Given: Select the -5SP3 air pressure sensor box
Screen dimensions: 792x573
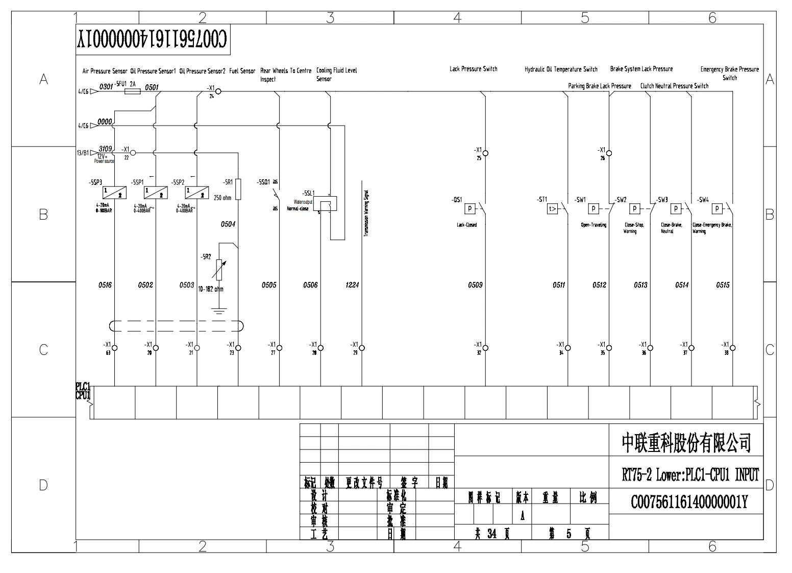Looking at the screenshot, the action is click(114, 192).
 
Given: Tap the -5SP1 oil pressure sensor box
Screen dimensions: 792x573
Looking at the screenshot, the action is click(156, 192).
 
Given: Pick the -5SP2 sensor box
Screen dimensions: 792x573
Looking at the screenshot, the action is click(196, 192).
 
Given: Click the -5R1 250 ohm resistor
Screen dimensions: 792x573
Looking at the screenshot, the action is click(238, 189).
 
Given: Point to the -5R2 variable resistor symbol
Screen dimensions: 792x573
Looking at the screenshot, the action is click(218, 270).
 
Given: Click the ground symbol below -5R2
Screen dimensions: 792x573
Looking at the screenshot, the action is click(218, 311).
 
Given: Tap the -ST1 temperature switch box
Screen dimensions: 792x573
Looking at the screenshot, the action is click(553, 208).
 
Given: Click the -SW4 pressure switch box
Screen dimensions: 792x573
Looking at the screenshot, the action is click(717, 208).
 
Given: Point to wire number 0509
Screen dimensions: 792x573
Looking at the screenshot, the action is click(475, 285).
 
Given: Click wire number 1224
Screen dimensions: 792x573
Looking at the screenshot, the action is click(352, 285).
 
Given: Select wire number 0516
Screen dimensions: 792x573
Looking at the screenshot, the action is click(105, 285).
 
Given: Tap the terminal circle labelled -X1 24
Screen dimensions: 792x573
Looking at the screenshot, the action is click(218, 92).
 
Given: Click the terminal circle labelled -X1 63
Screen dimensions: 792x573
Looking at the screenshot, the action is click(114, 348).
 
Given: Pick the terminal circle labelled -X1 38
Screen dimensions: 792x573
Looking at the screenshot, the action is click(733, 348).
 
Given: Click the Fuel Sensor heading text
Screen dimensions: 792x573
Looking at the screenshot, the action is click(242, 71).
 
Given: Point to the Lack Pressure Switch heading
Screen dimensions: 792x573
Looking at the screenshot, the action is click(473, 69).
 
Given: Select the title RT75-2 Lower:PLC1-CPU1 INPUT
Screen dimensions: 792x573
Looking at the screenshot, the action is click(690, 475).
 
